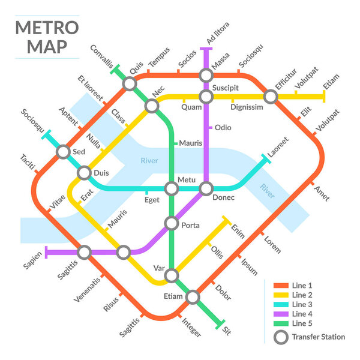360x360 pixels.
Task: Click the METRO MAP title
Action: point(46,37)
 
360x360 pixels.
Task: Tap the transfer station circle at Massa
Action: point(206,76)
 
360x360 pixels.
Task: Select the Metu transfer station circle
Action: point(172,188)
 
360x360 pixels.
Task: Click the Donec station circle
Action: point(206,188)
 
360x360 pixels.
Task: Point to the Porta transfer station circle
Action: point(172,224)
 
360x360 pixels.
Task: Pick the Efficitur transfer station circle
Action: point(271,96)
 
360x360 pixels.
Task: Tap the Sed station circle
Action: point(64,152)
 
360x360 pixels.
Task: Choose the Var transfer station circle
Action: point(172,275)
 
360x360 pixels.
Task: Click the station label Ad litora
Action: point(218,34)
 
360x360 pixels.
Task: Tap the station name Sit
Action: point(226,331)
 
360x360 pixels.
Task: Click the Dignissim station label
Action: point(247,107)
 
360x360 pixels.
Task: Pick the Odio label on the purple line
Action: point(223,128)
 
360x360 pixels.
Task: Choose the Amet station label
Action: point(321,193)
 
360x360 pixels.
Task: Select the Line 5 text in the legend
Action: point(302,324)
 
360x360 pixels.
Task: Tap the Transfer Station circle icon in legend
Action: point(280,337)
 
